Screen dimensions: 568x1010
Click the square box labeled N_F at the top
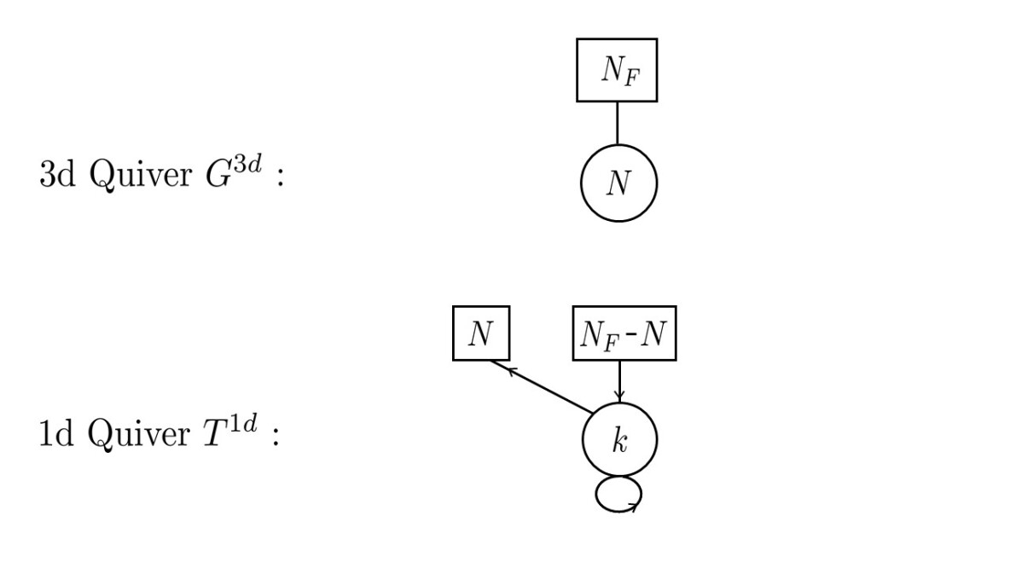(617, 70)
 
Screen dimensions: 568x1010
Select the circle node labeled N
(619, 183)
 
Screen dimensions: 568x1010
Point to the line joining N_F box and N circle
(617, 123)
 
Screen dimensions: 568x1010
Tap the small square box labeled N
(480, 333)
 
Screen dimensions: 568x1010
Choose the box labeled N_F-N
(623, 333)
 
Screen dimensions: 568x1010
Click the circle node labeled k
(619, 442)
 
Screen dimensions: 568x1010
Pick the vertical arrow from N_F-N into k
(619, 380)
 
